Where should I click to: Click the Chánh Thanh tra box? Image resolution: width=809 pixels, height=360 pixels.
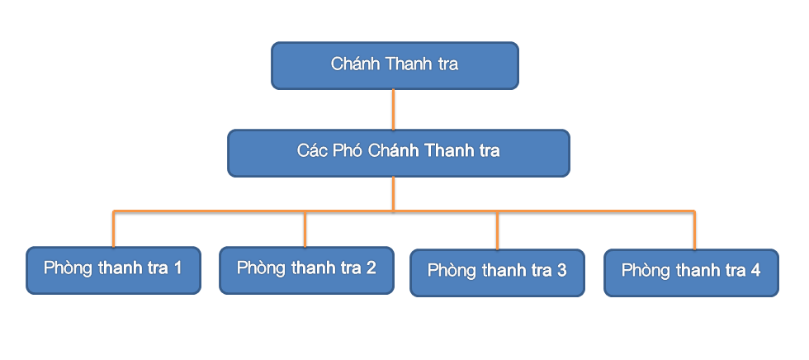pyautogui.click(x=395, y=65)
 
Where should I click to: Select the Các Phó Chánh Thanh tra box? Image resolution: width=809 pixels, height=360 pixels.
pyautogui.click(x=398, y=154)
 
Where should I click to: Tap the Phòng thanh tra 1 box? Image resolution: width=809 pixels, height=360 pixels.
pyautogui.click(x=113, y=270)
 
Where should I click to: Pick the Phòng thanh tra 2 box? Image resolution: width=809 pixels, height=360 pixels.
pyautogui.click(x=306, y=270)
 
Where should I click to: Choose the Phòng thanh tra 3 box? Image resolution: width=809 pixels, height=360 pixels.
pyautogui.click(x=497, y=272)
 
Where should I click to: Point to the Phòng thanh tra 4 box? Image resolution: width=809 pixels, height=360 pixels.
pyautogui.click(x=691, y=272)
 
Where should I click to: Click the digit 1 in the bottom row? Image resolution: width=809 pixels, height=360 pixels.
pyautogui.click(x=177, y=268)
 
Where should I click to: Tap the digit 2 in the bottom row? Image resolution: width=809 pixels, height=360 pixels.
pyautogui.click(x=371, y=268)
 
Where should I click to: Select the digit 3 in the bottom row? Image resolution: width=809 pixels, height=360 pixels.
pyautogui.click(x=562, y=270)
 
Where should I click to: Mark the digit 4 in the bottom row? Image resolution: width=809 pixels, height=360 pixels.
pyautogui.click(x=755, y=270)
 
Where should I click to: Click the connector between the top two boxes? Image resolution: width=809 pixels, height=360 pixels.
pyautogui.click(x=393, y=109)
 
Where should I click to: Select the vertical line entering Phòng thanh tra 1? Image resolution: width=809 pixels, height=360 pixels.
pyautogui.click(x=114, y=229)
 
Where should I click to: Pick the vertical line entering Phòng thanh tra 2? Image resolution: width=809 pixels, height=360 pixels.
pyautogui.click(x=305, y=229)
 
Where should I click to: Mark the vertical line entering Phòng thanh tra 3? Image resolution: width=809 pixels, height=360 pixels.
pyautogui.click(x=497, y=230)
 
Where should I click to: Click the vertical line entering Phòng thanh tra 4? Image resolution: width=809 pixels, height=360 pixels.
pyautogui.click(x=694, y=230)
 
